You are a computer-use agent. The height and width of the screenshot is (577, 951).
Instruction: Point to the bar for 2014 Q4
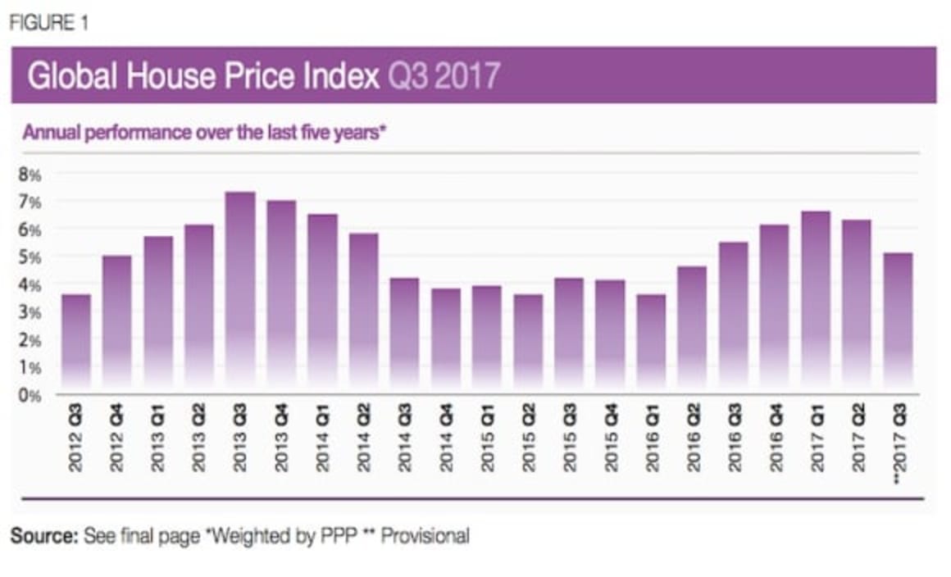coord(446,339)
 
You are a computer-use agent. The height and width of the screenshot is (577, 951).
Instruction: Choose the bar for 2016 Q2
coord(693,329)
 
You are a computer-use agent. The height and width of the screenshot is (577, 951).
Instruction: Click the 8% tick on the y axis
coord(30,175)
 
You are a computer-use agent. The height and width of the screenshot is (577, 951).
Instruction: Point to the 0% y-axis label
coord(30,395)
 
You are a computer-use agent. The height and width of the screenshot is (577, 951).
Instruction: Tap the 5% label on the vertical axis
coord(30,257)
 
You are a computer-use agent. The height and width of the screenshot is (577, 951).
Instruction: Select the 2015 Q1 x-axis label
coord(487,441)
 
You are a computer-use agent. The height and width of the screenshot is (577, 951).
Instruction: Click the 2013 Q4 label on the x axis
coord(282,441)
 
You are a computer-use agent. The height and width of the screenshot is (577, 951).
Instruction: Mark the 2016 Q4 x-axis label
coord(775,441)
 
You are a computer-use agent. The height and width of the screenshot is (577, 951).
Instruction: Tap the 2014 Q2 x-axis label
coord(364,441)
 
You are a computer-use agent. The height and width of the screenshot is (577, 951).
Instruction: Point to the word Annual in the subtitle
coord(48,133)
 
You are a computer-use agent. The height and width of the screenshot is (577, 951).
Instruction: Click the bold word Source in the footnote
coord(43,537)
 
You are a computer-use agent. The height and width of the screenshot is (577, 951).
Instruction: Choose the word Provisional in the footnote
coord(425,537)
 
